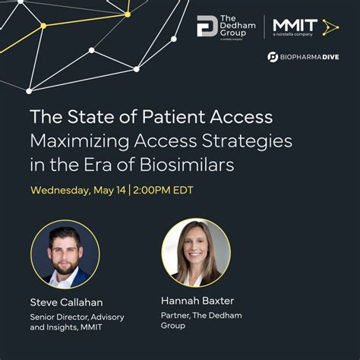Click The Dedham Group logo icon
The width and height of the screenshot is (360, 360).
click(207, 26)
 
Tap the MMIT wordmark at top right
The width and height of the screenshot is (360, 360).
click(295, 25)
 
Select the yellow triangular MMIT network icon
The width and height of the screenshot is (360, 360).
click(329, 27)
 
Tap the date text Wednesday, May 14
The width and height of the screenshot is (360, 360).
click(77, 189)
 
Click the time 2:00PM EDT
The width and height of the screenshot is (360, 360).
click(163, 189)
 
